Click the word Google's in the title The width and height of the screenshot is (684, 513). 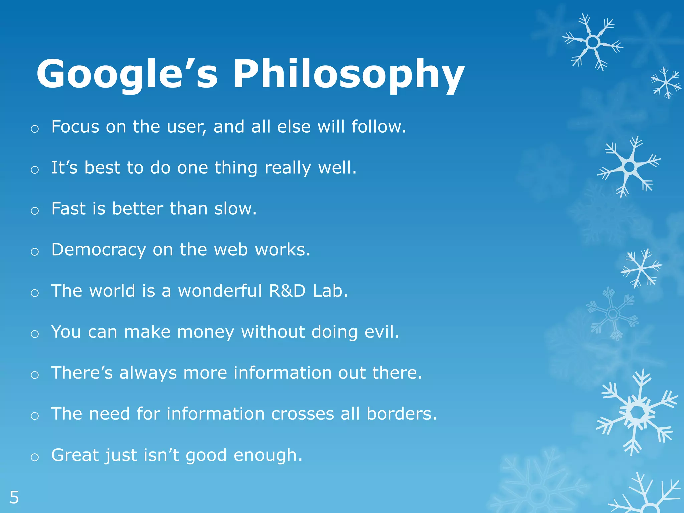click(127, 74)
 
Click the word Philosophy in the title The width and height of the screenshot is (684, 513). click(348, 74)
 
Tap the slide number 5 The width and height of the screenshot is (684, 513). click(14, 498)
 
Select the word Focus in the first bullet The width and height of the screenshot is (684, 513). click(75, 127)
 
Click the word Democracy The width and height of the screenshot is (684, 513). click(99, 250)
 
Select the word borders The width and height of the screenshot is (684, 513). click(401, 414)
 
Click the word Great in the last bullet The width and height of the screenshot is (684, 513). click(75, 455)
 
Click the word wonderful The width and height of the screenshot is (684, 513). click(220, 291)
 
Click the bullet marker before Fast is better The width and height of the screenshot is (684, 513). click(35, 211)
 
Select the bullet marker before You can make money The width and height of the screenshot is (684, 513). click(35, 334)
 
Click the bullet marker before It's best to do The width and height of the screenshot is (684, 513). click(35, 170)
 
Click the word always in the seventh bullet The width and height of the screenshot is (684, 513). click(148, 373)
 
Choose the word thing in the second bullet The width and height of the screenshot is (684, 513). click(236, 168)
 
